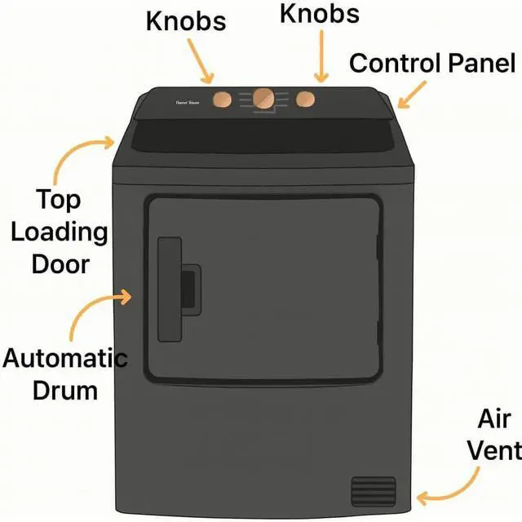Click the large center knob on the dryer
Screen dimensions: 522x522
click(x=263, y=98)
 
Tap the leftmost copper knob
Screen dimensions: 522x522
click(x=222, y=100)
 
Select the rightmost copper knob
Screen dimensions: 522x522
click(x=305, y=100)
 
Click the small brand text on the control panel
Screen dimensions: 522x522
click(x=188, y=103)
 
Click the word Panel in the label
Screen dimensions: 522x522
click(x=480, y=64)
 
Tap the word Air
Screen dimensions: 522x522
click(x=494, y=420)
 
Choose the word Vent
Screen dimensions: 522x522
click(x=498, y=450)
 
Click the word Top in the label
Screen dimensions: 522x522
click(x=58, y=200)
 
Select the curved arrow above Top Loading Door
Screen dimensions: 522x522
click(x=77, y=153)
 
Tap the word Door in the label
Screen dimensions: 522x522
click(x=60, y=264)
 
